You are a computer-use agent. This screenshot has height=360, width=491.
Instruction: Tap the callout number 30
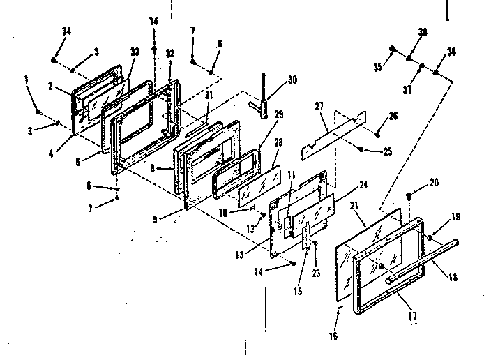point(292,80)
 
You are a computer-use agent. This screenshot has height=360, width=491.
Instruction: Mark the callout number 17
point(412,316)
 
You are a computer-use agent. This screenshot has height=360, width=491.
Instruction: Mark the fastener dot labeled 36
point(436,71)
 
